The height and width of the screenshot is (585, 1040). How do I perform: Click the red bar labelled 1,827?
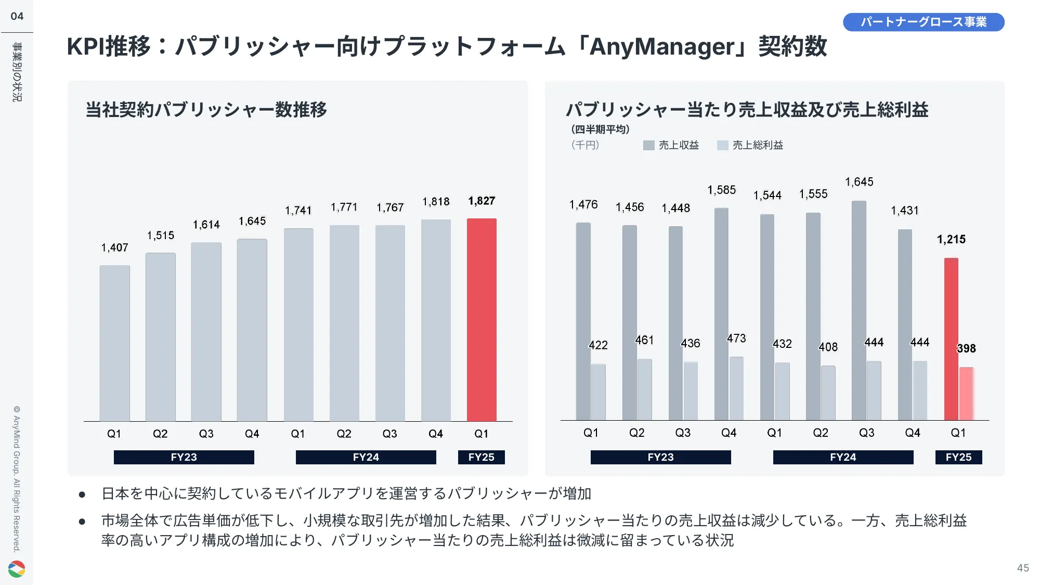[x=482, y=320]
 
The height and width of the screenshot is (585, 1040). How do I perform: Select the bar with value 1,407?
[x=114, y=343]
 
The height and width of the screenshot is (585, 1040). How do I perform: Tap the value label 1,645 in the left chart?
[x=252, y=222]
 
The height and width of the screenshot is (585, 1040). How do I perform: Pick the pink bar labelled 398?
[x=966, y=394]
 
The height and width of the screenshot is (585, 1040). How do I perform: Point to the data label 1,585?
[x=722, y=190]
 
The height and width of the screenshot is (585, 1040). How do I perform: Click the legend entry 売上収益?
[x=671, y=146]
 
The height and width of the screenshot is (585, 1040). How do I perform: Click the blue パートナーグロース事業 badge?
[x=924, y=22]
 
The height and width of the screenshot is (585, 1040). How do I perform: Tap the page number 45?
[x=1023, y=568]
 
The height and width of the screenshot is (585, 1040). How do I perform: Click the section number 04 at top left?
[x=17, y=16]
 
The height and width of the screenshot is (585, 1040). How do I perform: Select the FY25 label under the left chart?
[x=481, y=457]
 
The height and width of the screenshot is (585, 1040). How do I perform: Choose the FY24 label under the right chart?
[x=843, y=457]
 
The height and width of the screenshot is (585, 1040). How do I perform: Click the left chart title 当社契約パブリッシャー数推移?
[x=206, y=110]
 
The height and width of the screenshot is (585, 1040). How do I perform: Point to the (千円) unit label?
[x=586, y=145]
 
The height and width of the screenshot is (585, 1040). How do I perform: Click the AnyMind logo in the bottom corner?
[x=17, y=569]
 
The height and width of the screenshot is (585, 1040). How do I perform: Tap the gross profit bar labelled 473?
[x=736, y=388]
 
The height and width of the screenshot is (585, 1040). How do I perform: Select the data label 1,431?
[x=905, y=211]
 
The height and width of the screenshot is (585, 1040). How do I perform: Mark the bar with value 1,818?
[x=436, y=320]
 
